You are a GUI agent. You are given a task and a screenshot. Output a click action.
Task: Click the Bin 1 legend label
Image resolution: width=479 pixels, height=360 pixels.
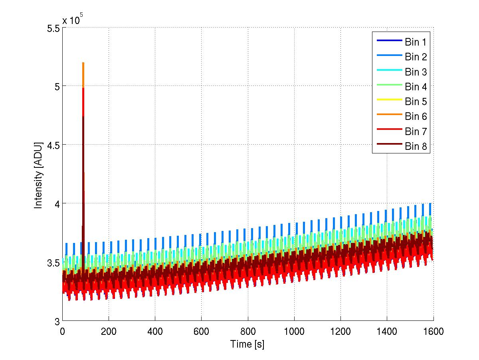tap(416, 42)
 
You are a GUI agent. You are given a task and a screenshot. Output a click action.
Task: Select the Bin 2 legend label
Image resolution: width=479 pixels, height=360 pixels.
tap(416, 57)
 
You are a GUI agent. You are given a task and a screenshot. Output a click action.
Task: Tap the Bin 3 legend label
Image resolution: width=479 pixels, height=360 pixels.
tap(416, 72)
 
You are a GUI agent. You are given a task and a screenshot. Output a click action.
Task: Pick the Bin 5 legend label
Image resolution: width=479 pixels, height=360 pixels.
tap(416, 101)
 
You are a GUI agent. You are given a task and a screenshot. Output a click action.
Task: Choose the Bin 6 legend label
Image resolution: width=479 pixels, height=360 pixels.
tap(416, 117)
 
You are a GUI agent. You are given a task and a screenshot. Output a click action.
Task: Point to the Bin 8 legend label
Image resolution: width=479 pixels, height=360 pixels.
tap(416, 147)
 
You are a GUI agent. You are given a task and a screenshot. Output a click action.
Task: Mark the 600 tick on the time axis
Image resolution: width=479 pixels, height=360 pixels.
tap(201, 331)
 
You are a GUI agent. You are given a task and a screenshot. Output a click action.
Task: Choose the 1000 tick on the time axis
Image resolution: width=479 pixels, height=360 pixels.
tap(294, 331)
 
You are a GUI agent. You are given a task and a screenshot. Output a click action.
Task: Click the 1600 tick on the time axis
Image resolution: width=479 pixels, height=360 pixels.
tap(433, 331)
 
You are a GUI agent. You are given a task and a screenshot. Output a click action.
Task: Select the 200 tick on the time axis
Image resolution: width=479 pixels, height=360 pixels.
tap(109, 331)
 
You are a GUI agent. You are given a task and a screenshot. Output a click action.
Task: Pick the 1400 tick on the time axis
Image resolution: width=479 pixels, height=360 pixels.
tap(387, 331)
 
